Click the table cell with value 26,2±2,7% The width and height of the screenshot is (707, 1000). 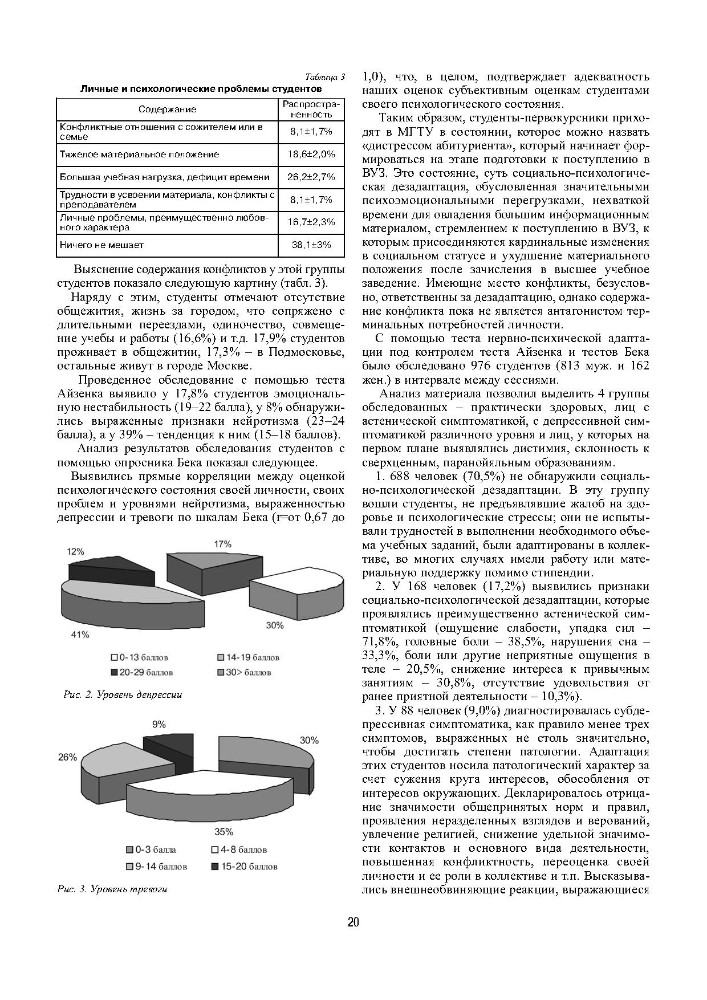coord(311,177)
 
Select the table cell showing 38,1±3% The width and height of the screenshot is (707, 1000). coord(311,245)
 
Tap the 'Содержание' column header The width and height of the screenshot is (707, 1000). coord(168,109)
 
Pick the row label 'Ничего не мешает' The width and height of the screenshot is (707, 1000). coord(102,245)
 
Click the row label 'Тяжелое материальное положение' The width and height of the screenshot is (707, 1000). coord(140,155)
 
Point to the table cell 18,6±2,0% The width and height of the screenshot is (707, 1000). coord(311,155)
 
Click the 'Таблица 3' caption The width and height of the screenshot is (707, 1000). coord(325,78)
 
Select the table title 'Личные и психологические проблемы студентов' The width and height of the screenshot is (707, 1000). coord(201,89)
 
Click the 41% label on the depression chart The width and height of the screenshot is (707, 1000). coord(80,635)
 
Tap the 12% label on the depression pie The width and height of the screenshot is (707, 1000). coord(75,552)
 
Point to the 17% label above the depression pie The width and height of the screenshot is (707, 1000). coord(223,544)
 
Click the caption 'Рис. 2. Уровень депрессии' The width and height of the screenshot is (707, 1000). coord(123,694)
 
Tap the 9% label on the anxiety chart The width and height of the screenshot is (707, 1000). coord(159,725)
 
